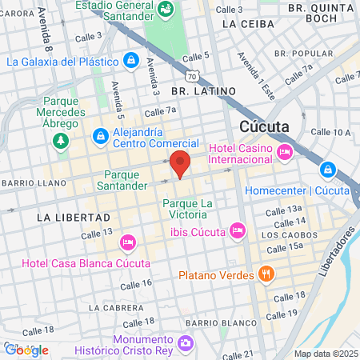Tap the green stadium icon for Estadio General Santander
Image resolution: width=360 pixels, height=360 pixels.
click(x=166, y=10)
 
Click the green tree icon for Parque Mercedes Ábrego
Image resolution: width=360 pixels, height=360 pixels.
click(x=60, y=139)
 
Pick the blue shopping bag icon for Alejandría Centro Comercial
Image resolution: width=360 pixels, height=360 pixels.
click(x=101, y=137)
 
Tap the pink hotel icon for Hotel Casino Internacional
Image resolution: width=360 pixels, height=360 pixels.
click(x=284, y=152)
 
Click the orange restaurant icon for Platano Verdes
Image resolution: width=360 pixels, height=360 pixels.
click(x=267, y=274)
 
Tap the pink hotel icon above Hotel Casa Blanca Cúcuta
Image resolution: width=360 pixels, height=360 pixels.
click(x=127, y=242)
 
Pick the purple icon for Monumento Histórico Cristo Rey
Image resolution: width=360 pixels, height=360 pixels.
click(x=186, y=343)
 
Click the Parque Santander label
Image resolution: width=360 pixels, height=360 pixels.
click(x=126, y=180)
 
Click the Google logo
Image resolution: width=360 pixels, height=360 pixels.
click(x=26, y=350)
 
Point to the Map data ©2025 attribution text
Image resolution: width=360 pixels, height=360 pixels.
click(x=326, y=354)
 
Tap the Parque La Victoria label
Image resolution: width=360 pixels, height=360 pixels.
click(x=188, y=210)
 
